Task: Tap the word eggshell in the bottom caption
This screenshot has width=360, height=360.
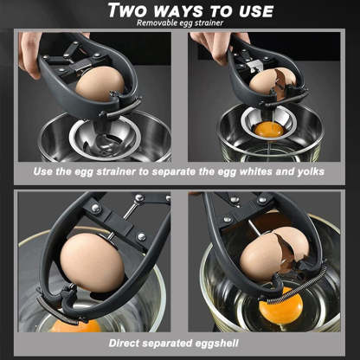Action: click(219, 344)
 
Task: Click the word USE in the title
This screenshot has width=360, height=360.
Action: click(248, 10)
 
